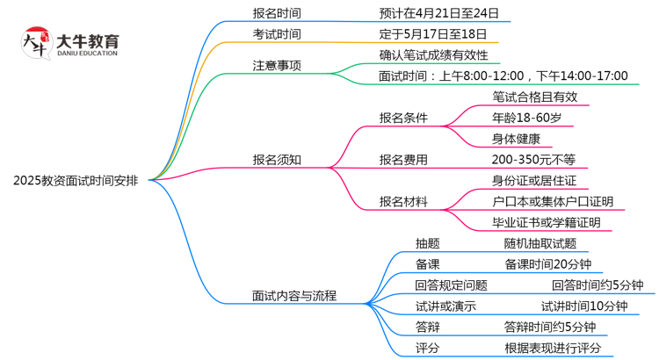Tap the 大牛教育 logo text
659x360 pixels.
87,41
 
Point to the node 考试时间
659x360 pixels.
276,34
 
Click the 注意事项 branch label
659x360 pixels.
276,65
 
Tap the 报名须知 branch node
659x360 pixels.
276,160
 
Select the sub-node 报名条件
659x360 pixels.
403,118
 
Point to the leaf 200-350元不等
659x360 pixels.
534,160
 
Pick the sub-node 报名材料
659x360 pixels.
403,202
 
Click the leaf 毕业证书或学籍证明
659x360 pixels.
547,223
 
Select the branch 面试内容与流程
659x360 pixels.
294,296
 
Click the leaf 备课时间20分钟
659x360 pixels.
547,264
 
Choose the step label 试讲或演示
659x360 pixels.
445,306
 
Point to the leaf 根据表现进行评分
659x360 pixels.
553,349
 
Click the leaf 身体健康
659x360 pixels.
522,139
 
